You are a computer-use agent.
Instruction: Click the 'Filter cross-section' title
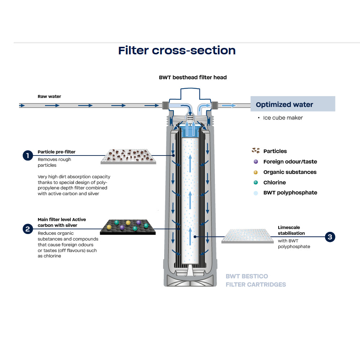pyautogui.click(x=177, y=50)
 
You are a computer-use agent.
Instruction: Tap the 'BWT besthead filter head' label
pyautogui.click(x=193, y=77)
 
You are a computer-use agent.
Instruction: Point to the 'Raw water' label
pyautogui.click(x=49, y=96)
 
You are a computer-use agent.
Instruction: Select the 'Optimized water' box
pyautogui.click(x=292, y=104)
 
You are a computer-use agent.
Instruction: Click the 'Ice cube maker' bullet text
pyautogui.click(x=283, y=118)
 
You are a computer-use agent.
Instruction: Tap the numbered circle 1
pyautogui.click(x=27, y=156)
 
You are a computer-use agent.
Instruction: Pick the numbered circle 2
pyautogui.click(x=27, y=229)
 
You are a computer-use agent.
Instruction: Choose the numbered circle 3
pyautogui.click(x=330, y=237)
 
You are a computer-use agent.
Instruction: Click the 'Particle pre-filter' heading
pyautogui.click(x=57, y=152)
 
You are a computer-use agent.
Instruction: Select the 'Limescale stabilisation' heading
pyautogui.click(x=291, y=230)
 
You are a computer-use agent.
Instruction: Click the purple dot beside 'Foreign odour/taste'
pyautogui.click(x=256, y=162)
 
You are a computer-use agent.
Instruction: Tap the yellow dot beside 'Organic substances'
pyautogui.click(x=256, y=172)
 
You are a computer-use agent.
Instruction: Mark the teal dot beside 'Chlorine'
pyautogui.click(x=256, y=183)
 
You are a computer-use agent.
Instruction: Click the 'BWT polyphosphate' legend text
pyautogui.click(x=290, y=193)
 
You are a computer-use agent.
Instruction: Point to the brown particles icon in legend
pyautogui.click(x=256, y=151)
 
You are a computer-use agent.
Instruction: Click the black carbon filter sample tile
pyautogui.click(x=128, y=227)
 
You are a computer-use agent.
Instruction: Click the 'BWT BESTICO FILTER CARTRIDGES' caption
pyautogui.click(x=256, y=280)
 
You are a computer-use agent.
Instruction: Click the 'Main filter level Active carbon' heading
pyautogui.click(x=62, y=222)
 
